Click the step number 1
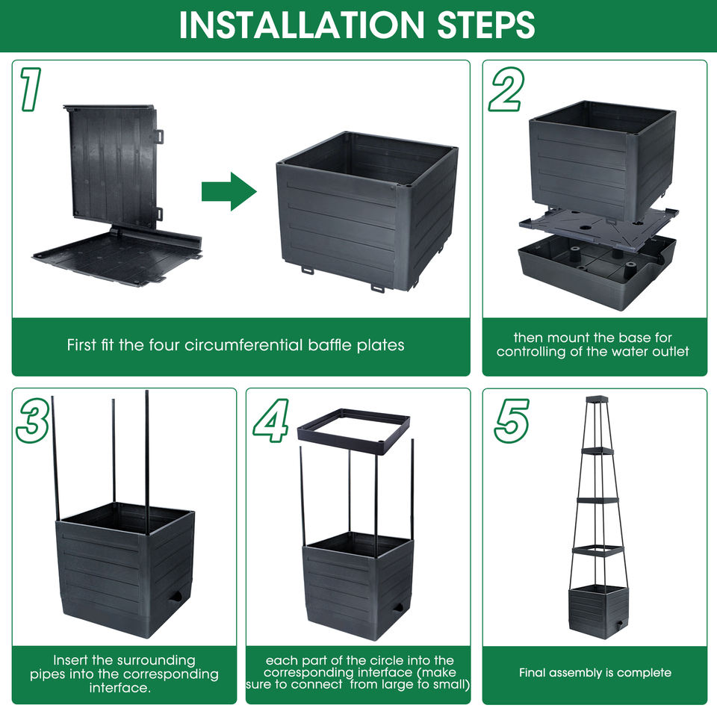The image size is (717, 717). tap(29, 89)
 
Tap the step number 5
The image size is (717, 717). tap(512, 420)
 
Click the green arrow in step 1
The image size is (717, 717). tap(229, 191)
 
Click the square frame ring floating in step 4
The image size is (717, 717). tap(353, 432)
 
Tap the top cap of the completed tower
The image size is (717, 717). tap(597, 400)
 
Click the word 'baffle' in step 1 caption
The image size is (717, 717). tap(329, 345)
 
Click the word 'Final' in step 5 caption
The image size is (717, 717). tap(532, 673)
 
